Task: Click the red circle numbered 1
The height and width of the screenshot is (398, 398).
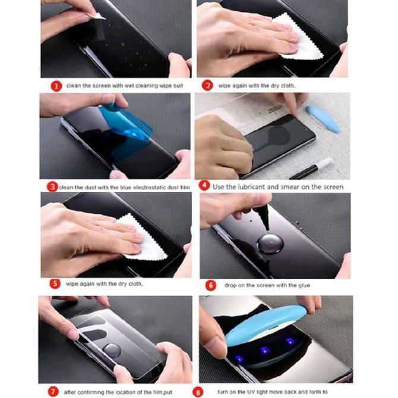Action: [56, 86]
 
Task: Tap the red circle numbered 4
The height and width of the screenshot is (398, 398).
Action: [204, 186]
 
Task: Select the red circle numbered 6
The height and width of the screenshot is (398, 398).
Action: [210, 285]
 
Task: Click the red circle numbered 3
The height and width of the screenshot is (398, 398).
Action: [53, 187]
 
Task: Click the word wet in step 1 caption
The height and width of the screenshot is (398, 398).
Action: [116, 86]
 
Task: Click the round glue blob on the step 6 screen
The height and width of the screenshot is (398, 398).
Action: [266, 244]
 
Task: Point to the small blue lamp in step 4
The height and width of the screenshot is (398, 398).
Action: [323, 118]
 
